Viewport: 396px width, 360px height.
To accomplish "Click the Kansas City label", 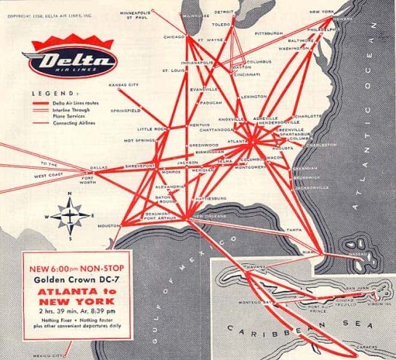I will pyautogui.click(x=123, y=85).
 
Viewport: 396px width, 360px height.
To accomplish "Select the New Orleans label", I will pyautogui.click(x=207, y=216).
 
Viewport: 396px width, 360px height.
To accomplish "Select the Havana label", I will pyautogui.click(x=256, y=267).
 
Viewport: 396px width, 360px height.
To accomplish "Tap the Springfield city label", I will pyautogui.click(x=126, y=111).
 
